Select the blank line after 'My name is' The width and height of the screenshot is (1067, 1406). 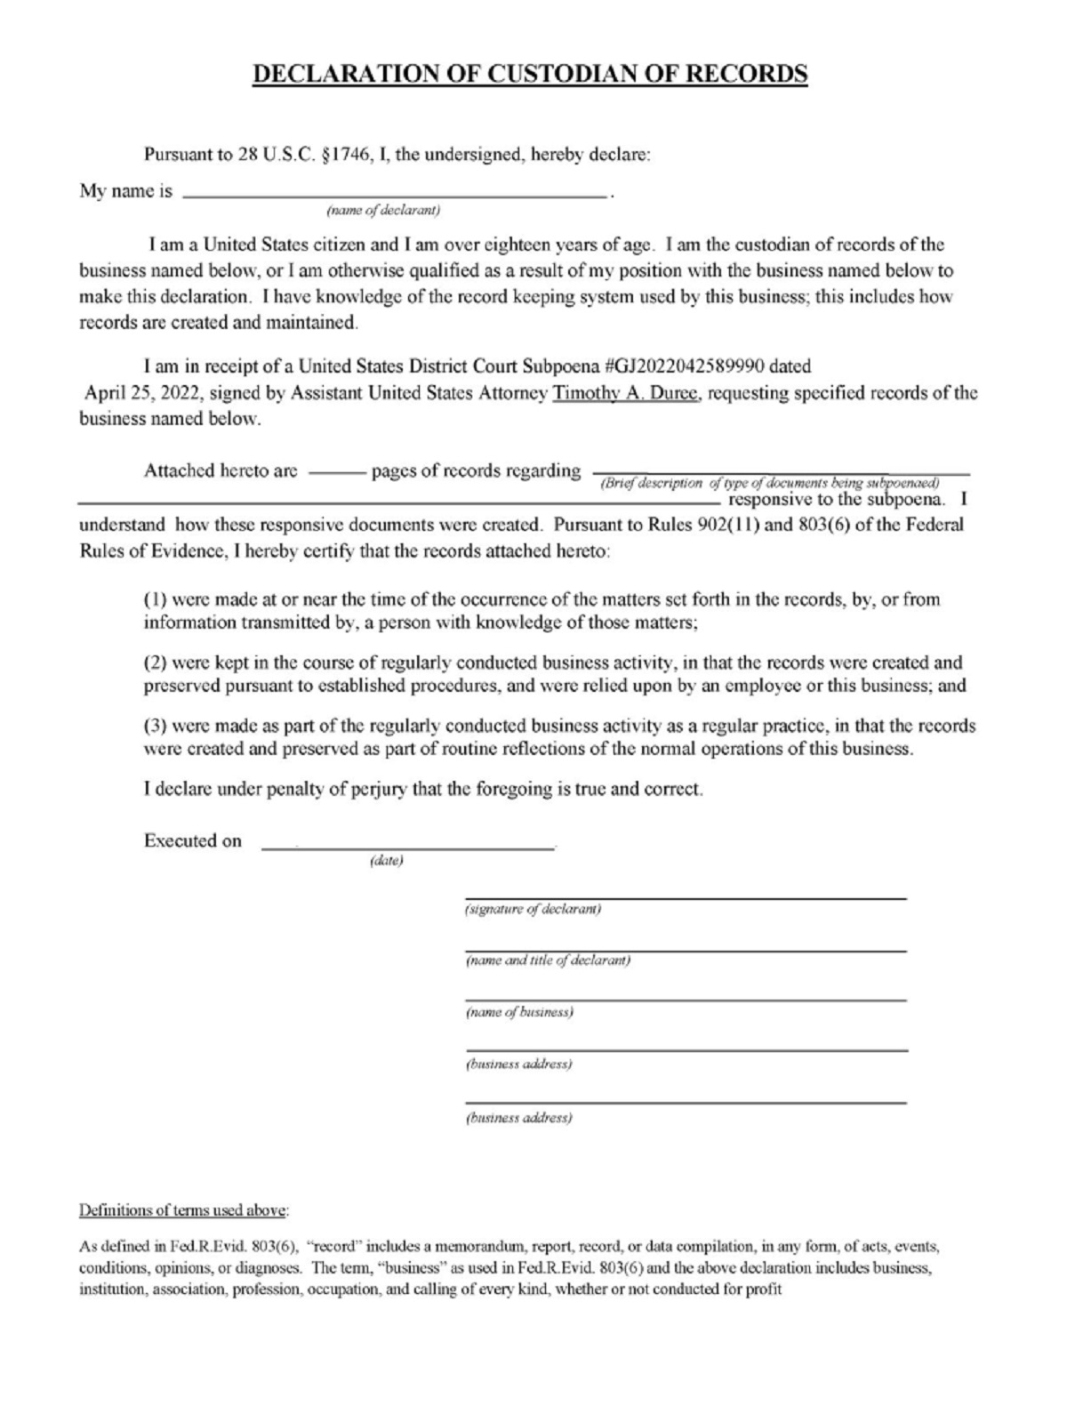tap(395, 192)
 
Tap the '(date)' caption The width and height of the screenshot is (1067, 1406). tap(386, 861)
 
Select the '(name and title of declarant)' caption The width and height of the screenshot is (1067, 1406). tap(548, 960)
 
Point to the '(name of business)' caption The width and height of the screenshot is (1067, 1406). tap(519, 1012)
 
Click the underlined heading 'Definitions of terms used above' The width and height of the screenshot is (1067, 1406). tap(184, 1210)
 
